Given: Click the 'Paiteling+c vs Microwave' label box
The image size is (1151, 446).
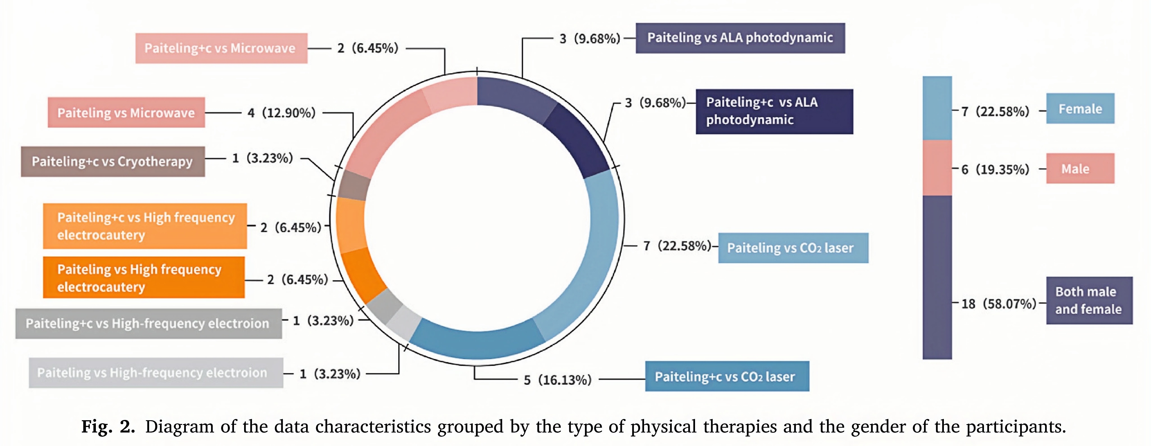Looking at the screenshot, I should click(221, 48).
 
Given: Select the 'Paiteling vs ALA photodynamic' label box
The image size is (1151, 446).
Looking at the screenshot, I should click(740, 38).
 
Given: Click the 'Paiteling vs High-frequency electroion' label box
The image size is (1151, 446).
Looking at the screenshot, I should click(156, 373).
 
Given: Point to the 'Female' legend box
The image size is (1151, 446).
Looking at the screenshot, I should click(1080, 108).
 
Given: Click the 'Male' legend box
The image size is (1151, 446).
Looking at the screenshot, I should click(1080, 168).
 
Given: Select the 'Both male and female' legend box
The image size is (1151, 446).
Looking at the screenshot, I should click(1089, 300).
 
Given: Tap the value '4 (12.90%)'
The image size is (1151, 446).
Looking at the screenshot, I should click(281, 113).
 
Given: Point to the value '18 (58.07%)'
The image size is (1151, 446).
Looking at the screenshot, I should click(998, 304).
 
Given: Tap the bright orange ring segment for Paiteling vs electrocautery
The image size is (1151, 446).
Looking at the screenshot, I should click(362, 275).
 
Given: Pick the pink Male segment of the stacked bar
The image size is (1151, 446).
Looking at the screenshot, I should click(937, 168).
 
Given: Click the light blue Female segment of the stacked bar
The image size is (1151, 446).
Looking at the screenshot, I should click(937, 108).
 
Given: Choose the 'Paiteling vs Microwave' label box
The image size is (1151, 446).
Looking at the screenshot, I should click(126, 113).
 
